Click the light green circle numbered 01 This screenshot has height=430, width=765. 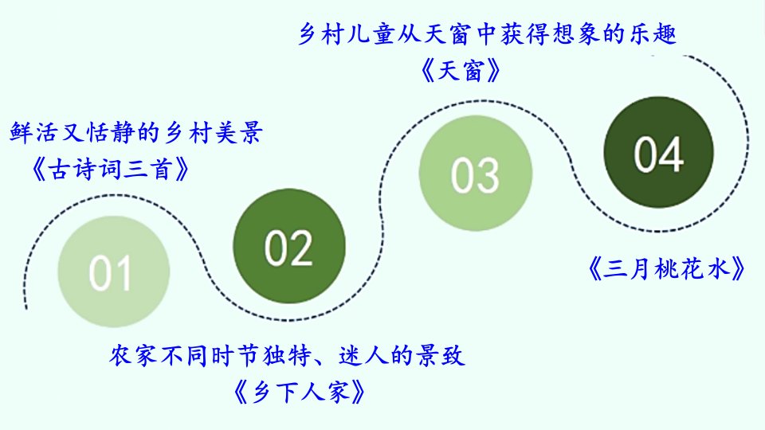click(114, 272)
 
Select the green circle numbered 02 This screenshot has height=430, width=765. click(289, 246)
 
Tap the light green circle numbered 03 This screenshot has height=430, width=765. click(476, 173)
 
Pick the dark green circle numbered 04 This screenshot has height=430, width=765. click(659, 152)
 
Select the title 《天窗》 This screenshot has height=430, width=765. click(461, 71)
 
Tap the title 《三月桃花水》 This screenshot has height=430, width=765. click(666, 268)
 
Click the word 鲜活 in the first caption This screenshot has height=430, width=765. click(34, 132)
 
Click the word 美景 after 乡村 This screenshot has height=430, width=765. click(238, 132)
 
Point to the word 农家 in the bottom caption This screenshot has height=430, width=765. click(133, 356)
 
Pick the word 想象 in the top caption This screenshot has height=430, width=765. click(575, 34)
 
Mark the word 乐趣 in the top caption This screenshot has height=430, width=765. click(653, 34)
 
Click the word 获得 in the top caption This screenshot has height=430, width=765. click(524, 34)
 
